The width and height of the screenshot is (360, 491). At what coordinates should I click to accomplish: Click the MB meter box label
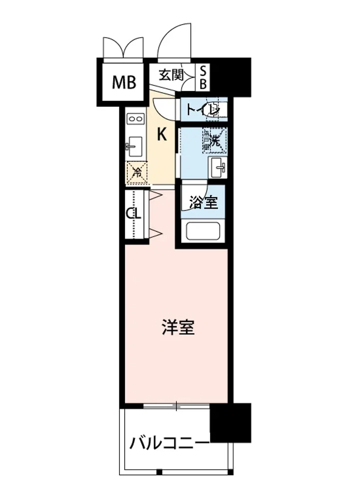(x=124, y=83)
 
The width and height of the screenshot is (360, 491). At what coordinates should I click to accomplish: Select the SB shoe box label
(x=203, y=78)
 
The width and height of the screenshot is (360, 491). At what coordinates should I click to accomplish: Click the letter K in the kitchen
(x=162, y=134)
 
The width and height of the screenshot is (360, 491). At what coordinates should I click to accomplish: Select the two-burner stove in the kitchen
(x=135, y=119)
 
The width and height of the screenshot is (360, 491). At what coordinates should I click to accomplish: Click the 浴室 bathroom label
(x=203, y=202)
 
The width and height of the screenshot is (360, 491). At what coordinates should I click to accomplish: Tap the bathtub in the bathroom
(x=203, y=231)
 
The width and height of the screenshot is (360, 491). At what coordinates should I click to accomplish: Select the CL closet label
(x=133, y=213)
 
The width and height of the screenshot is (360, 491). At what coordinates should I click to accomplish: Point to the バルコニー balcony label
(x=169, y=443)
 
